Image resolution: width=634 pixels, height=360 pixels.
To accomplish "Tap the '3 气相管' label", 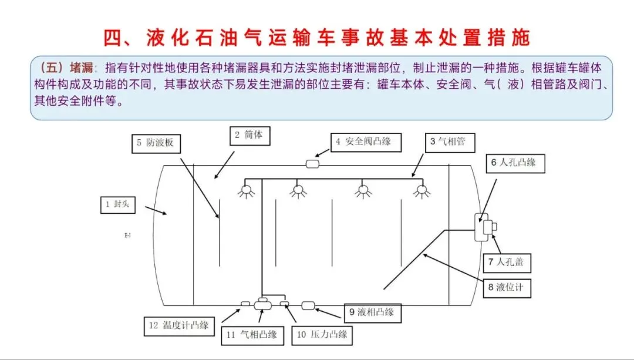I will click(448, 141).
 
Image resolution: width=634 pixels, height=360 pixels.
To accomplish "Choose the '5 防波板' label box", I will click(156, 142).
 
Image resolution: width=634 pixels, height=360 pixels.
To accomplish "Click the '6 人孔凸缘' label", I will click(514, 163).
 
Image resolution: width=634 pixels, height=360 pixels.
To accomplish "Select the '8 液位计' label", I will click(507, 288).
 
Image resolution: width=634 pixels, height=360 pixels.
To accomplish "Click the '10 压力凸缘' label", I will click(322, 335).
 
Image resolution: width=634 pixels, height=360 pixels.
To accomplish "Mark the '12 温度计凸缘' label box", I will click(180, 325).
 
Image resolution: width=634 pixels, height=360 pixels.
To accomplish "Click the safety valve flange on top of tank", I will click(312, 164).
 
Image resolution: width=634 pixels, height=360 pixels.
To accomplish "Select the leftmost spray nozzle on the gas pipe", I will click(246, 190).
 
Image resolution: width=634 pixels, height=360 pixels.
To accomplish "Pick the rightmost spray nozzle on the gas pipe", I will click(420, 190).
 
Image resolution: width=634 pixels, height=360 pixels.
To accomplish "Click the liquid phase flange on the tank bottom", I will click(308, 305).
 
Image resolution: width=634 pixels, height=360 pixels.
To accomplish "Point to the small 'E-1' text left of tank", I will click(127, 235).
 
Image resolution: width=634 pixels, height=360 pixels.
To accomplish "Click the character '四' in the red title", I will click(113, 37).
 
